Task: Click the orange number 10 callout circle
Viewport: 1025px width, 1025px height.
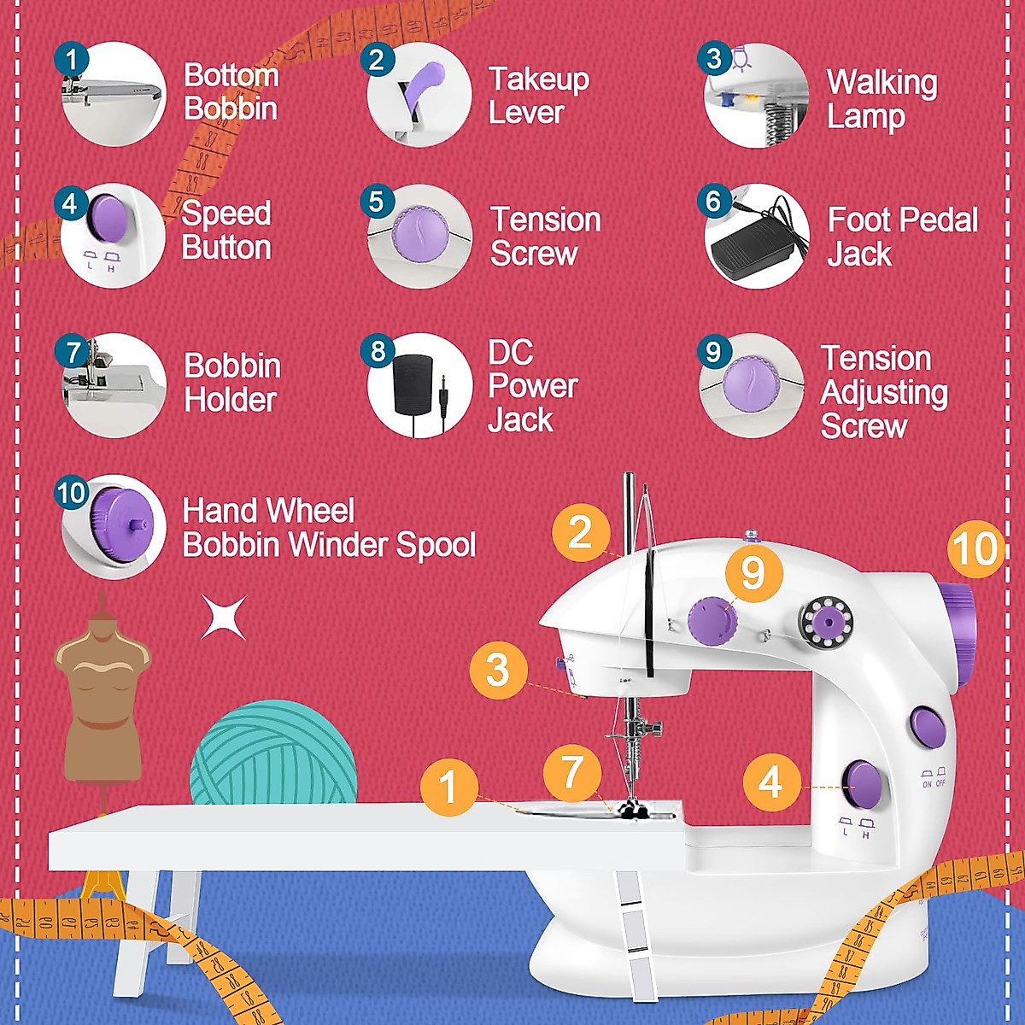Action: point(975,549)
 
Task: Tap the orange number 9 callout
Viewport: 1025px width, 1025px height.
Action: point(753,573)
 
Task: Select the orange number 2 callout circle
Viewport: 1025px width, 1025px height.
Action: point(581,533)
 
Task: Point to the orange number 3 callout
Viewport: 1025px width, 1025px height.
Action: point(498,670)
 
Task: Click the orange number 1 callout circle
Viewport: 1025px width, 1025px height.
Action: point(448,786)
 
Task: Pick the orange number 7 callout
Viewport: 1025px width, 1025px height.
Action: point(571,772)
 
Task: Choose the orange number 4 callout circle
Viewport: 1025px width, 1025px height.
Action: point(770,782)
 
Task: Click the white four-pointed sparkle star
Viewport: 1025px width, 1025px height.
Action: point(224,617)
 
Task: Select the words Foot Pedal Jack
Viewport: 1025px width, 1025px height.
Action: point(902,237)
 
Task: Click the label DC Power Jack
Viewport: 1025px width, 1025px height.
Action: point(532,386)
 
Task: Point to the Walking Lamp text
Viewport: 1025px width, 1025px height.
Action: point(881,99)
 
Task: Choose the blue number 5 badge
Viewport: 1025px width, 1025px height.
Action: point(377,202)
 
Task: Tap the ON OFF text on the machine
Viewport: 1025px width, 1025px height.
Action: point(933,782)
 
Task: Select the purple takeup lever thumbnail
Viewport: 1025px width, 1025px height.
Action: point(419,94)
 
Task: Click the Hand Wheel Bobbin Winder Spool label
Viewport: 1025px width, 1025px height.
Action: point(329,528)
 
